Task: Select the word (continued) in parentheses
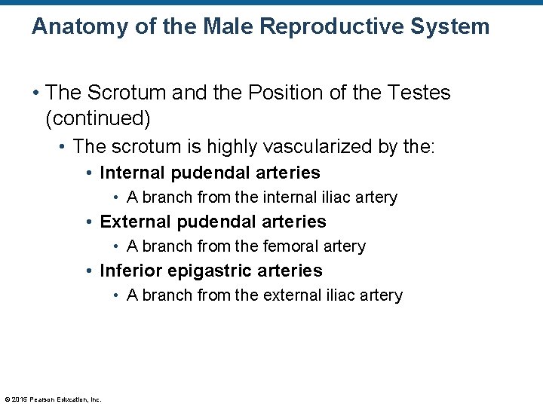[x=98, y=118]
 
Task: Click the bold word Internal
[x=133, y=173]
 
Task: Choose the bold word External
[x=134, y=222]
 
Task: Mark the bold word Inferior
[x=130, y=271]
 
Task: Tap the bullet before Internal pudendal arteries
[x=90, y=173]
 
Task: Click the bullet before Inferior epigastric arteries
[x=90, y=271]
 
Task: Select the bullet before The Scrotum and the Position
[x=35, y=93]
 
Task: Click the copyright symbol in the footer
[x=7, y=399]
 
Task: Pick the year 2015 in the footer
[x=18, y=399]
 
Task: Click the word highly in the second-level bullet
[x=217, y=146]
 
